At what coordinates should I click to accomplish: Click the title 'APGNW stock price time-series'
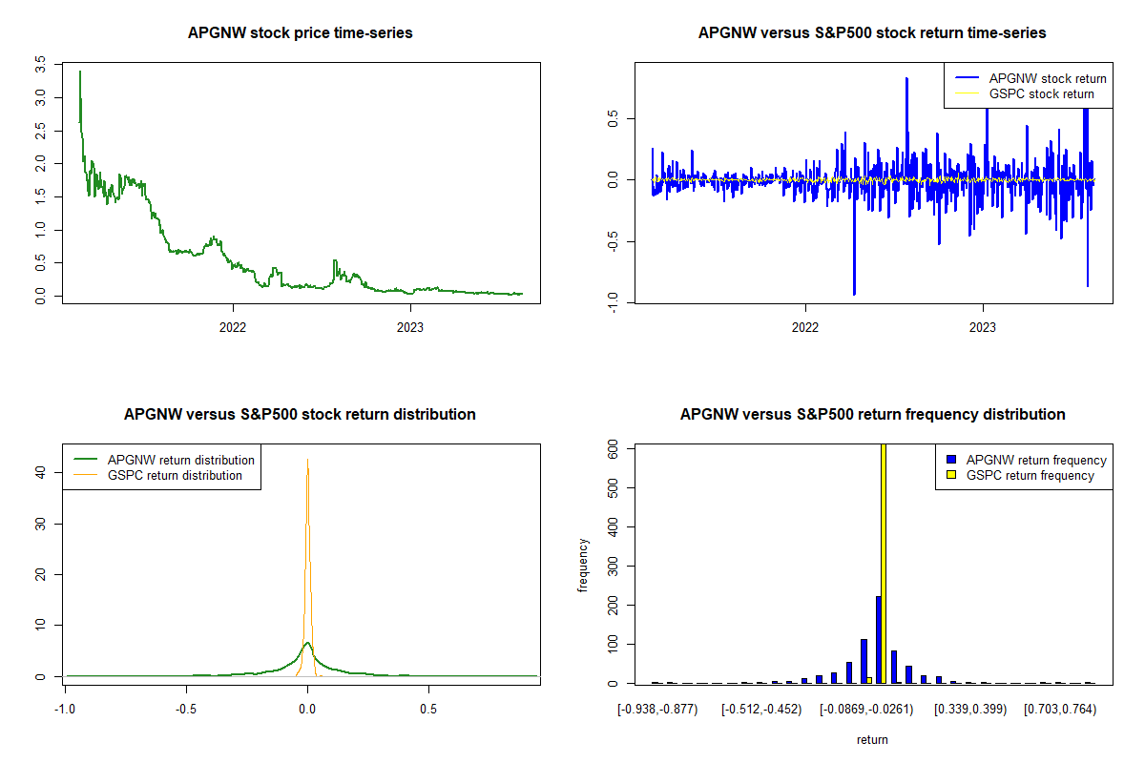(301, 33)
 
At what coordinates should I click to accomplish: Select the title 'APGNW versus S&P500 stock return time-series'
(872, 33)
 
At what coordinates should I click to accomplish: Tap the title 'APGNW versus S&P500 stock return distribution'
(300, 415)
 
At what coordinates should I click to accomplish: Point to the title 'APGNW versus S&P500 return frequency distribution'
(872, 415)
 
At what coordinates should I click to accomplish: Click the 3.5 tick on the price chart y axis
(39, 65)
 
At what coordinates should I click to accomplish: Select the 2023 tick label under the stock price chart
(410, 325)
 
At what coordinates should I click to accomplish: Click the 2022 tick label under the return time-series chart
(805, 325)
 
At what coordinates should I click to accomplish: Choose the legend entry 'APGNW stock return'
(1048, 78)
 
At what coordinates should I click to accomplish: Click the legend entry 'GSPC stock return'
(1041, 93)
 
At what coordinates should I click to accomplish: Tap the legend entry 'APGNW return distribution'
(180, 460)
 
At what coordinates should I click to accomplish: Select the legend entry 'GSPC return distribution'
(175, 475)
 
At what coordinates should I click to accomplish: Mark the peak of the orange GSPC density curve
(307, 460)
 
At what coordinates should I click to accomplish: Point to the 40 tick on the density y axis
(39, 471)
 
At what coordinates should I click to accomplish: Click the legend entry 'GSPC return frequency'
(1030, 475)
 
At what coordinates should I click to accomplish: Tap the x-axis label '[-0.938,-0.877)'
(657, 710)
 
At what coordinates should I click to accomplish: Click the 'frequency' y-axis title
(583, 566)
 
